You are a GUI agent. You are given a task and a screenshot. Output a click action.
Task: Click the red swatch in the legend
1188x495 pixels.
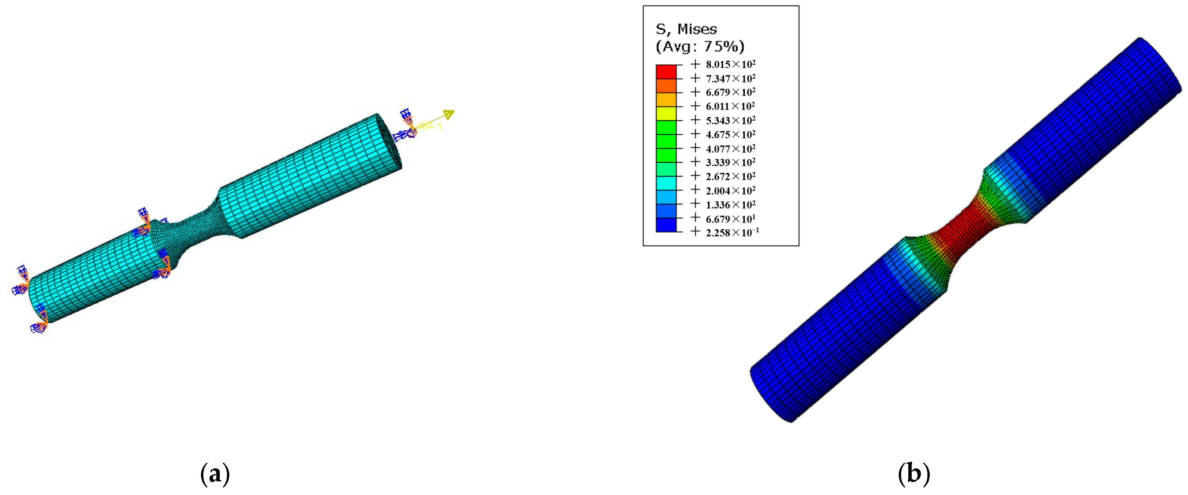click(x=666, y=72)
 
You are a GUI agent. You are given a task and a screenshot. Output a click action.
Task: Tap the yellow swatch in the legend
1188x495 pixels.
click(x=666, y=114)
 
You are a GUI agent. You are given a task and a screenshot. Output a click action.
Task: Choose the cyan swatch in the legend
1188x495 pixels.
click(x=666, y=183)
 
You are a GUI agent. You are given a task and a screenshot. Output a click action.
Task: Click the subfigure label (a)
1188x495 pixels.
click(x=215, y=474)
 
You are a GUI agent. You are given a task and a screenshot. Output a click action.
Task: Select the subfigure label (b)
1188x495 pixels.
click(x=914, y=474)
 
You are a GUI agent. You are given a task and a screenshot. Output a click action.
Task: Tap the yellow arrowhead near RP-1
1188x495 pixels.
click(x=449, y=114)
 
